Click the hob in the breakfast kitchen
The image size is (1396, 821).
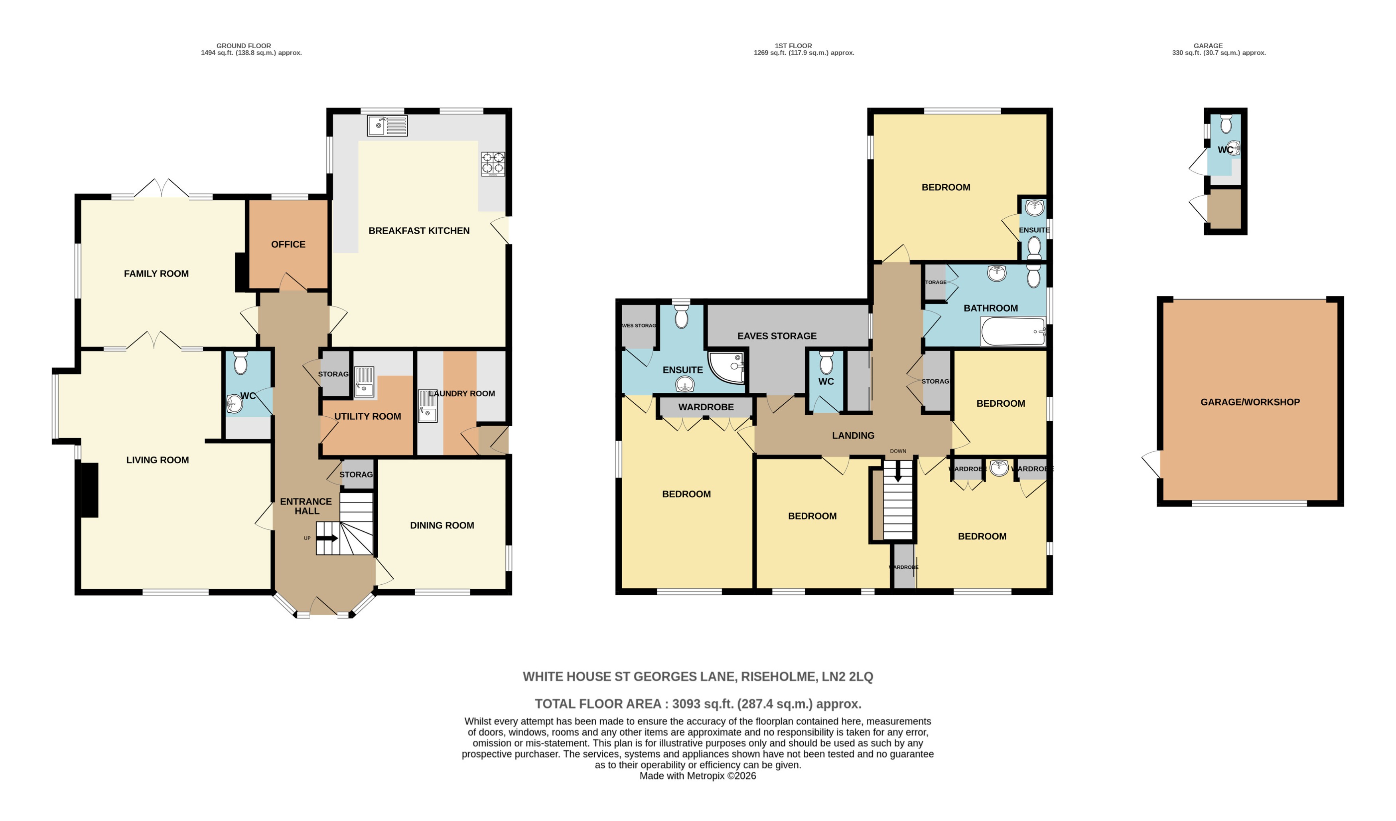493,164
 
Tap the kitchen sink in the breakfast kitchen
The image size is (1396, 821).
386,126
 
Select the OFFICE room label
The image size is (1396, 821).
288,245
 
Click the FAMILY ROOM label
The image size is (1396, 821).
156,274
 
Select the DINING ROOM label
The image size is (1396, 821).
442,526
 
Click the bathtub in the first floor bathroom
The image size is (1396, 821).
1013,332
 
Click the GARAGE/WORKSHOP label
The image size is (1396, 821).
1250,402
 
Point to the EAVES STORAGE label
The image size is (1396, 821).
777,336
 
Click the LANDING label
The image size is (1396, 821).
853,436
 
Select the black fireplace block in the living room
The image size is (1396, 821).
90,491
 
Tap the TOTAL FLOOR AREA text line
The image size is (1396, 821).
698,704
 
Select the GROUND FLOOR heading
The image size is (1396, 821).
244,46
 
